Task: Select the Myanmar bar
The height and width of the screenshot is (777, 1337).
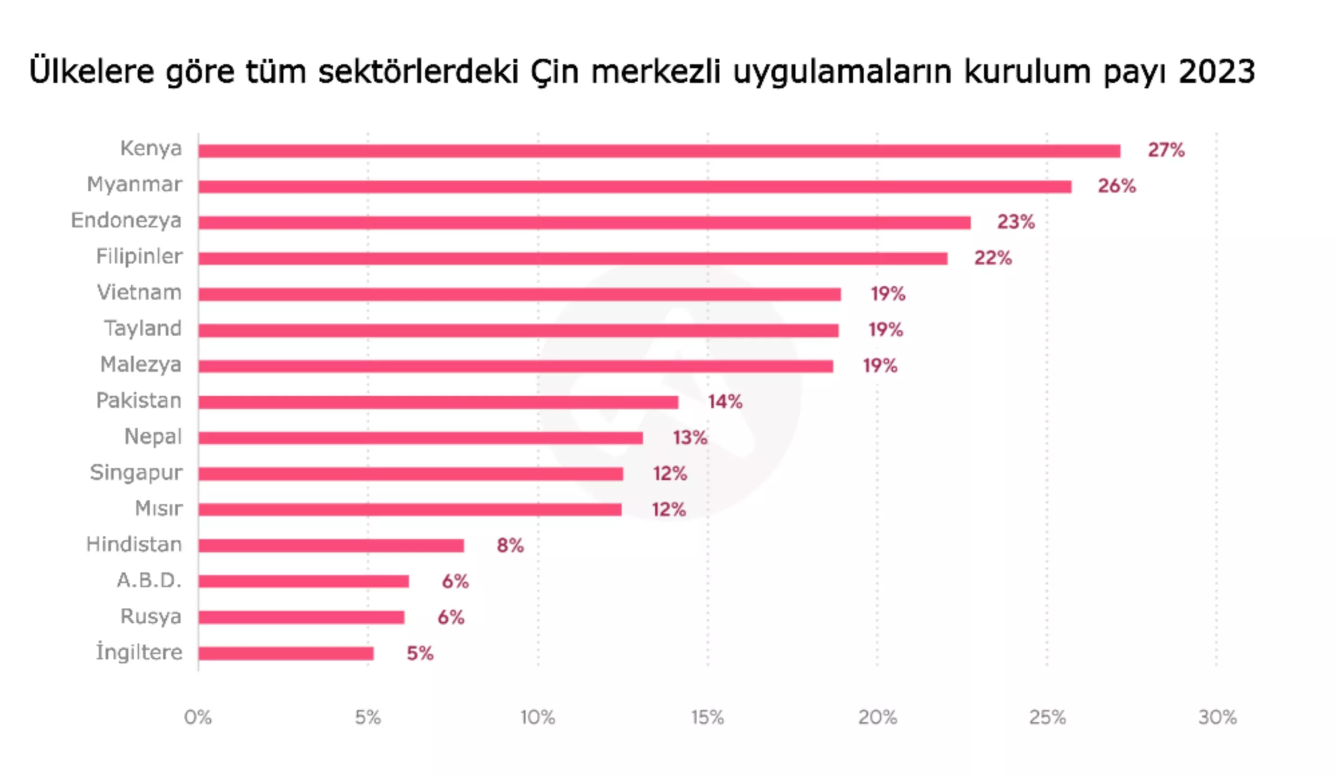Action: (x=635, y=187)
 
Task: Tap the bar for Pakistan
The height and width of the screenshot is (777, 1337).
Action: (x=438, y=402)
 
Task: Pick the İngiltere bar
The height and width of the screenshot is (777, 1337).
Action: (x=286, y=653)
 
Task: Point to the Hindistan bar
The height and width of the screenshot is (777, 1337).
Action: (x=331, y=546)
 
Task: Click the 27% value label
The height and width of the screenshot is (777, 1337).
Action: (x=1166, y=150)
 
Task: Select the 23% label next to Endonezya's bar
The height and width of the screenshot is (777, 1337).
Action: (x=1015, y=222)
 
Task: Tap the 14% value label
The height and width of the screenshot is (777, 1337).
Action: (x=725, y=402)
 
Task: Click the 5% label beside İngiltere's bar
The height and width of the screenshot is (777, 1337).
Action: (x=420, y=653)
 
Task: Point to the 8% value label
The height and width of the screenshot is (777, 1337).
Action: (x=510, y=546)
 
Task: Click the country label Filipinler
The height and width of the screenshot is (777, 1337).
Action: (x=139, y=257)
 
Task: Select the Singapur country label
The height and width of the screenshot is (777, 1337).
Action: (x=136, y=473)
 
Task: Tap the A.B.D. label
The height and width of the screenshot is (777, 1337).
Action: (x=149, y=581)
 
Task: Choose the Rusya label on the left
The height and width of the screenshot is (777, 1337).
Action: (x=151, y=617)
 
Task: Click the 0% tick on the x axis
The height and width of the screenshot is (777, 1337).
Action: (x=198, y=718)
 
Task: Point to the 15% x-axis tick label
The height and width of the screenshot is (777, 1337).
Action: (x=707, y=718)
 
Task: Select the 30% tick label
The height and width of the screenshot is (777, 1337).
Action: (x=1217, y=718)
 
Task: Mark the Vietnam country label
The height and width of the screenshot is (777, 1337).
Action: (x=139, y=293)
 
